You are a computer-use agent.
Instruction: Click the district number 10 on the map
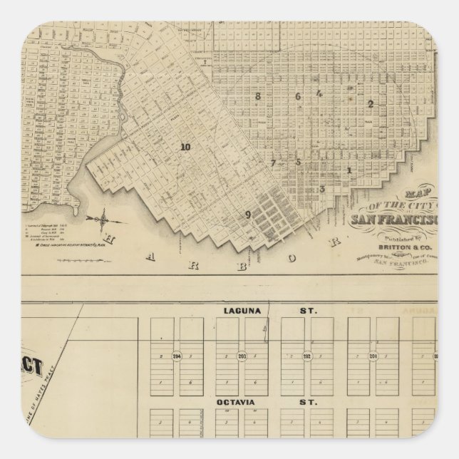point(185,148)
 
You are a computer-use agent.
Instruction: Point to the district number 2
point(370,104)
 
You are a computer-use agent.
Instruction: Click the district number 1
point(349,170)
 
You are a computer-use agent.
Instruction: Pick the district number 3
point(323,189)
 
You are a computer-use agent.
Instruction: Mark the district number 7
point(272,163)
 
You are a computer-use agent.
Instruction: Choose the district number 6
point(299,96)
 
